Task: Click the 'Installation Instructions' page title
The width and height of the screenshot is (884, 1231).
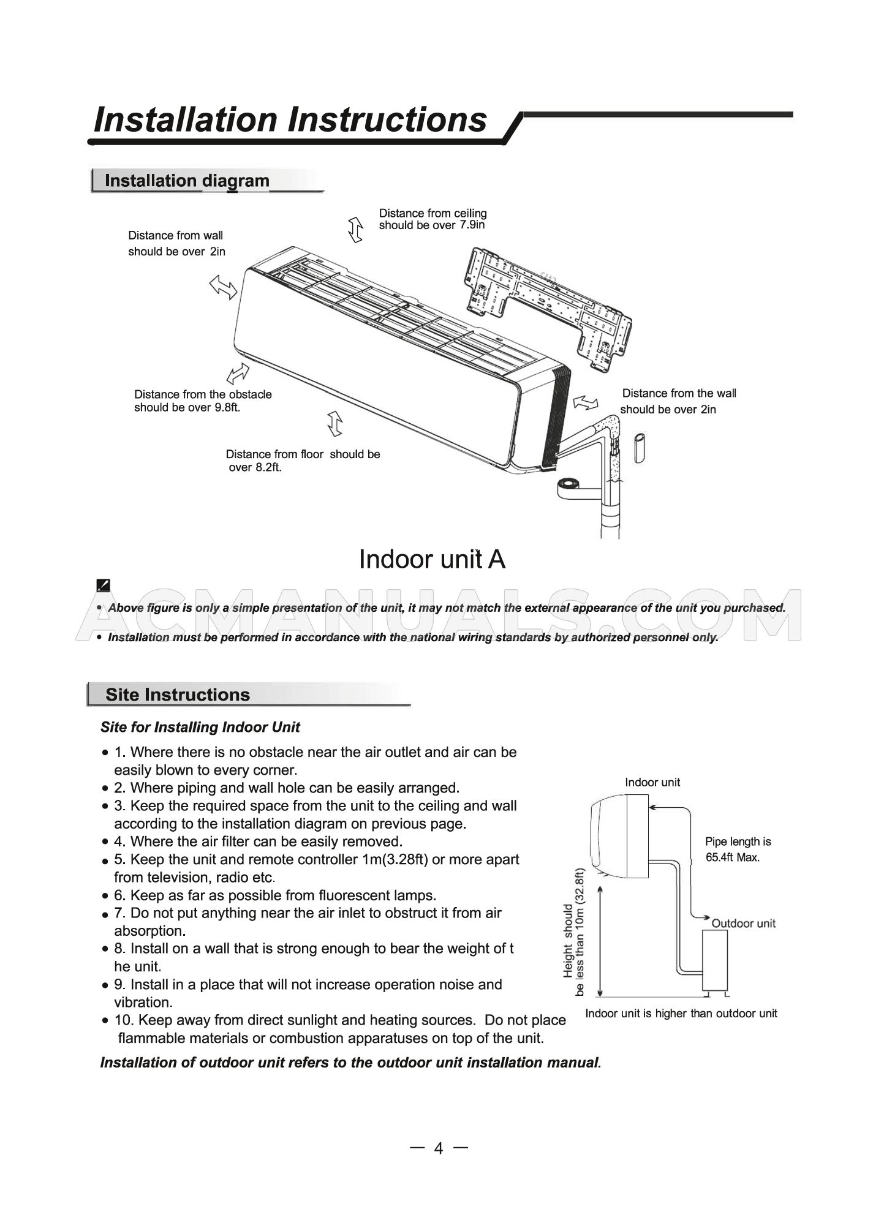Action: click(x=290, y=120)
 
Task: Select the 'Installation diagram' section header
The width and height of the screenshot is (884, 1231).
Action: click(x=187, y=181)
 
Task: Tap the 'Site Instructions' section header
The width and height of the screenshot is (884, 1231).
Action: click(x=178, y=695)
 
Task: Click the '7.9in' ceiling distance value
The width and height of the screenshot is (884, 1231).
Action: click(x=472, y=225)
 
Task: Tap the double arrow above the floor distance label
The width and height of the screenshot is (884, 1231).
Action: click(x=334, y=424)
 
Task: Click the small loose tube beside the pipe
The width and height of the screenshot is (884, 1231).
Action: click(x=639, y=448)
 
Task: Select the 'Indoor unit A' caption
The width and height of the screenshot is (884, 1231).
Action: click(x=432, y=559)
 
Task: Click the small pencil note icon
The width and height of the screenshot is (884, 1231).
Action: click(x=104, y=585)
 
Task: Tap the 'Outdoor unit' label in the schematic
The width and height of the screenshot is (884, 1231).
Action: click(x=743, y=923)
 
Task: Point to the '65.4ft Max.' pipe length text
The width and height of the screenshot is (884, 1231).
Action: click(x=733, y=857)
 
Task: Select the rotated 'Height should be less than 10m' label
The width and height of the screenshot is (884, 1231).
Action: click(x=574, y=931)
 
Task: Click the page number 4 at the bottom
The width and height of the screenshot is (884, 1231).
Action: click(x=438, y=1148)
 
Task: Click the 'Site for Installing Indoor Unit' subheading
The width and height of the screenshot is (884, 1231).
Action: click(x=200, y=728)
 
